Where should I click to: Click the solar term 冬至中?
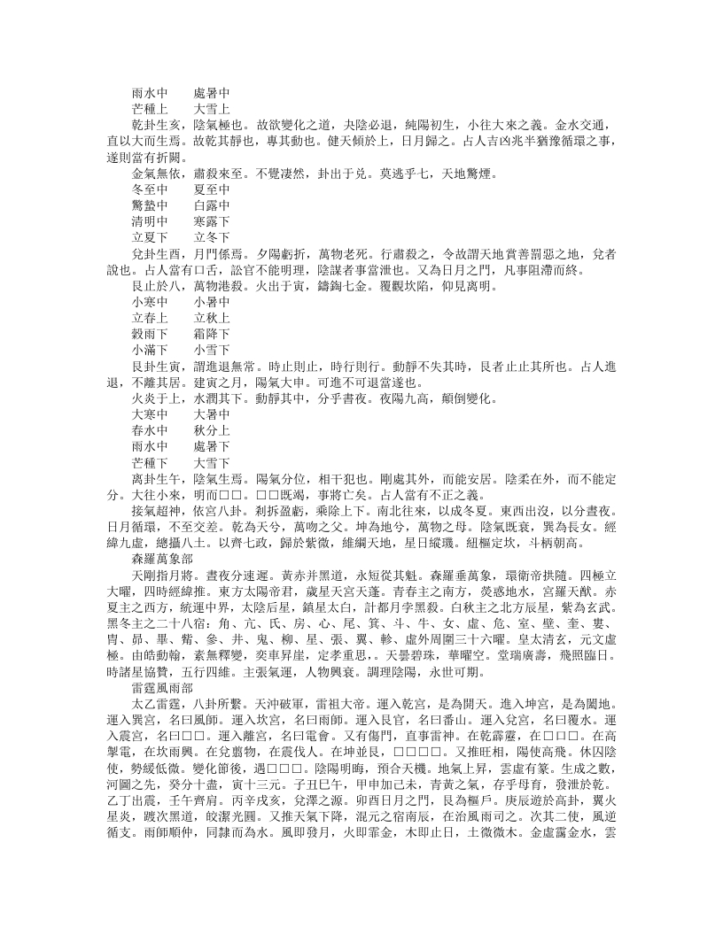(x=150, y=189)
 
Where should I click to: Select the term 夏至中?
(x=211, y=189)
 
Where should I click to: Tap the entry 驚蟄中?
(x=150, y=205)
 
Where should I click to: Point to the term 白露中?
(x=211, y=205)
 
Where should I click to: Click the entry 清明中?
(x=150, y=221)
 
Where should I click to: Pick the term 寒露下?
(x=211, y=221)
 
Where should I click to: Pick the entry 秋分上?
(x=211, y=431)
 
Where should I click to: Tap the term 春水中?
(x=150, y=431)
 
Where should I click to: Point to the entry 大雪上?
(x=211, y=108)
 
